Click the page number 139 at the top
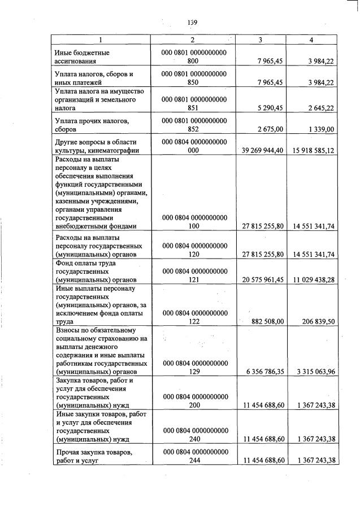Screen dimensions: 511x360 pyautogui.click(x=192, y=22)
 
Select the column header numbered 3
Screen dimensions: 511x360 pyautogui.click(x=260, y=40)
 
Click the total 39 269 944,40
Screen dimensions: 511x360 pyautogui.click(x=259, y=150)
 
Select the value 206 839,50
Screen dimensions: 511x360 pyautogui.click(x=317, y=321)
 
